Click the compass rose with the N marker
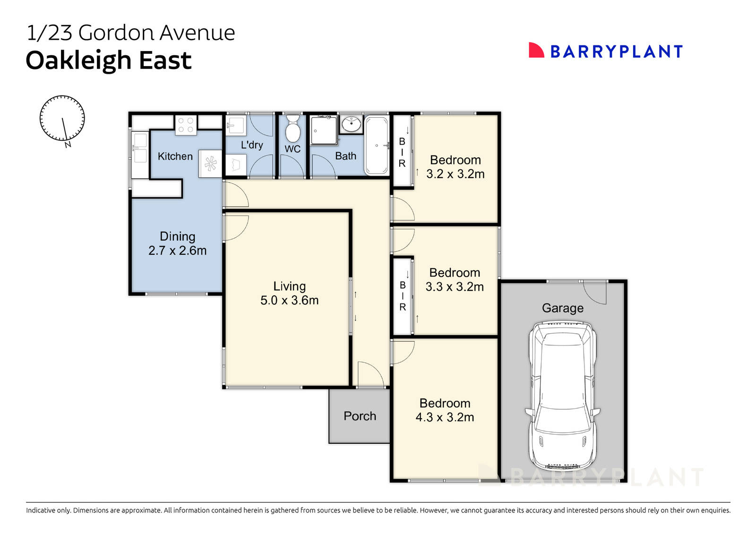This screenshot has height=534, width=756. (x=62, y=119)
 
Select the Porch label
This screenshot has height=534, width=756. (x=360, y=416)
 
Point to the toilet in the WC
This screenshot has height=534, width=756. (x=292, y=129)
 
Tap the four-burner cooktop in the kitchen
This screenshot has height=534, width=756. (x=186, y=125)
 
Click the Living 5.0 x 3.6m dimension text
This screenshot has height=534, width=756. (x=289, y=300)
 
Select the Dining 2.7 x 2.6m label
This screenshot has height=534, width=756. (x=177, y=243)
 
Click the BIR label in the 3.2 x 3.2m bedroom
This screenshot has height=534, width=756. (x=402, y=152)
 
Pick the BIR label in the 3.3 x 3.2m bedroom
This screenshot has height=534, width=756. (x=403, y=296)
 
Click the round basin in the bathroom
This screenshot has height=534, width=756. (x=351, y=124)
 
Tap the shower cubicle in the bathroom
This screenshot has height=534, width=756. (x=324, y=130)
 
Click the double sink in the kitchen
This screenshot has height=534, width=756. (x=139, y=147)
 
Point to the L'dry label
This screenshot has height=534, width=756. (x=251, y=145)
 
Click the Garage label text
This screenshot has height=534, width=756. (x=562, y=308)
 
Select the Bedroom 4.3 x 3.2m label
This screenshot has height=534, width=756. (x=445, y=410)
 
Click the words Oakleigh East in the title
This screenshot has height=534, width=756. (x=109, y=60)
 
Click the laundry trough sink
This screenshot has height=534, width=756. (x=236, y=126)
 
